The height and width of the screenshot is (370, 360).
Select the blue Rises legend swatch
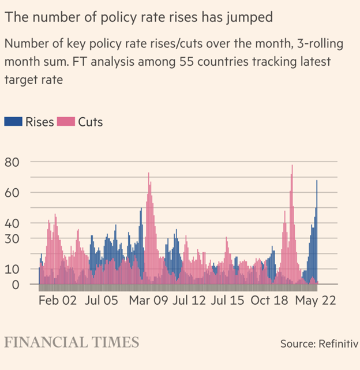point(13,121)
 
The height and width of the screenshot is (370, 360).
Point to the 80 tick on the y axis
point(12,162)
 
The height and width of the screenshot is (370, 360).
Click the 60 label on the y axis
point(12,192)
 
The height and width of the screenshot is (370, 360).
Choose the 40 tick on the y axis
point(12,223)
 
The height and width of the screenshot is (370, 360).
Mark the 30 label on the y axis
point(12,238)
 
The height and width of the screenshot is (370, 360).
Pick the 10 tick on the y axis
point(12,269)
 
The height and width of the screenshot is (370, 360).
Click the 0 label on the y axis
point(16,285)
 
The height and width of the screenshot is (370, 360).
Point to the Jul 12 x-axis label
point(190,301)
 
